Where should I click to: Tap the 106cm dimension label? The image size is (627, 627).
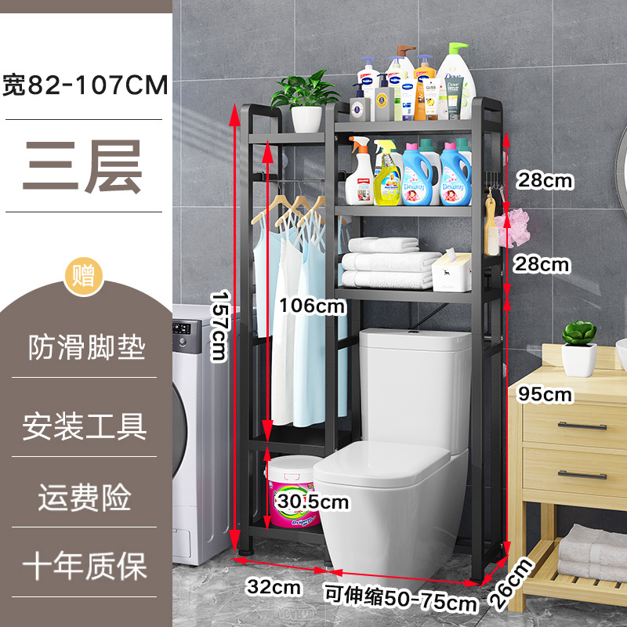[x=312, y=306]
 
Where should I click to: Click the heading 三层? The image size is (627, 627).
[x=83, y=166]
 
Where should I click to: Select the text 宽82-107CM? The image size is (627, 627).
[x=85, y=85]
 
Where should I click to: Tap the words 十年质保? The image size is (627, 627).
[x=85, y=565]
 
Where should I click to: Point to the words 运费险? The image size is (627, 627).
[x=85, y=498]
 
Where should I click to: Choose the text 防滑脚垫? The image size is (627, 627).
[x=86, y=347]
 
